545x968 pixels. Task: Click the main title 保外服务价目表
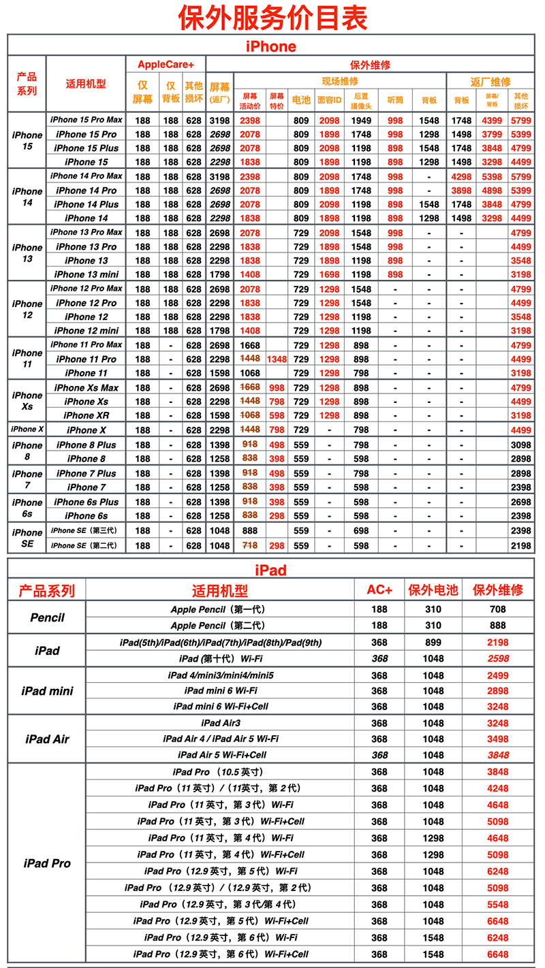click(x=272, y=17)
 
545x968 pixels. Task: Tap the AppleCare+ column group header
click(x=166, y=65)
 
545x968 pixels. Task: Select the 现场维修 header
click(x=340, y=81)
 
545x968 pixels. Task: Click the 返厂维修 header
click(x=490, y=81)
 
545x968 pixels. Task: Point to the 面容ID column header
click(x=329, y=100)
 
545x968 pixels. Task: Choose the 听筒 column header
click(x=395, y=100)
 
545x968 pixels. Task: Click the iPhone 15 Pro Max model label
click(x=87, y=120)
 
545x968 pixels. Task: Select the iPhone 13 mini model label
click(x=87, y=274)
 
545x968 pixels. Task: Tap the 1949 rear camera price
click(x=361, y=120)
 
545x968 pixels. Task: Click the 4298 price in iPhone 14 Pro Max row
click(x=461, y=176)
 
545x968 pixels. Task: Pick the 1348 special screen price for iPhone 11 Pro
click(x=277, y=359)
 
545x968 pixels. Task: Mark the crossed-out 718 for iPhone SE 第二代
click(x=249, y=545)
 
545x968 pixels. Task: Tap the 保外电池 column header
click(x=433, y=590)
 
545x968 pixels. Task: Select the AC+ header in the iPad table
click(x=379, y=590)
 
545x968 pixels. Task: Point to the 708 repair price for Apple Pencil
click(x=497, y=609)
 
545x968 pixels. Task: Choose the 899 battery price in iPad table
click(x=433, y=643)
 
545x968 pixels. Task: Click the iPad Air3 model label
click(x=221, y=723)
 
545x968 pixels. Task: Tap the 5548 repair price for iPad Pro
click(x=497, y=905)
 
